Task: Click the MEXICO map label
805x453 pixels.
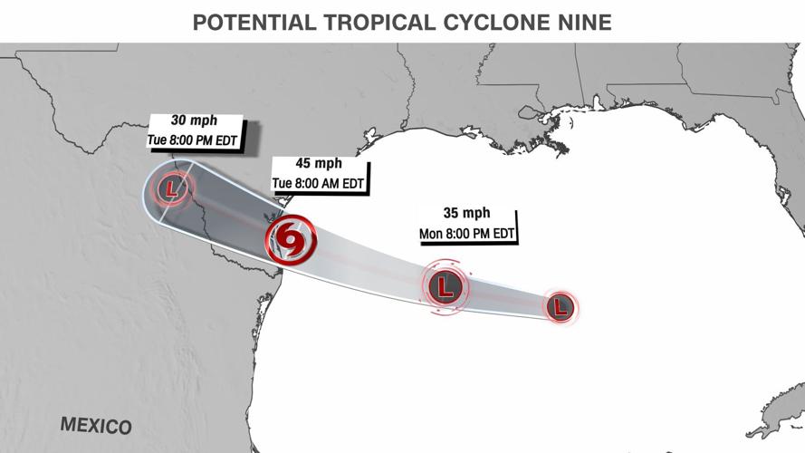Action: point(96,425)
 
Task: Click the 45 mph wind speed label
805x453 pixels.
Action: point(319,164)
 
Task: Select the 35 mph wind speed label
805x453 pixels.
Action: point(467,214)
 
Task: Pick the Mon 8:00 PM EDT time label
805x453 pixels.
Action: point(467,233)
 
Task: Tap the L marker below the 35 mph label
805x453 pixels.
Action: point(445,287)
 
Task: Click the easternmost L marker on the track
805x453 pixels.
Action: point(561,307)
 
